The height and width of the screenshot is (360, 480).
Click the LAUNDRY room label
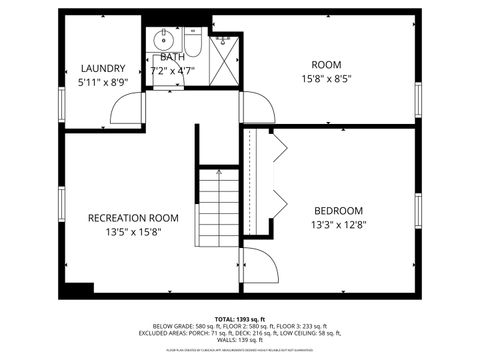pyautogui.click(x=103, y=68)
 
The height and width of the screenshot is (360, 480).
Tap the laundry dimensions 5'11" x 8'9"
pyautogui.click(x=103, y=83)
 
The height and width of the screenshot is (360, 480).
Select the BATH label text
pyautogui.click(x=173, y=58)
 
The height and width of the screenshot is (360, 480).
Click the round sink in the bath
pyautogui.click(x=163, y=40)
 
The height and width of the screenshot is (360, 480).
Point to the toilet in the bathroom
pyautogui.click(x=193, y=44)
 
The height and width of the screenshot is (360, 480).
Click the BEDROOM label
pyautogui.click(x=338, y=210)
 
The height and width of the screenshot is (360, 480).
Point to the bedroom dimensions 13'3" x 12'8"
pyautogui.click(x=338, y=225)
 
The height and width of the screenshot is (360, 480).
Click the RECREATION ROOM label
pyautogui.click(x=133, y=217)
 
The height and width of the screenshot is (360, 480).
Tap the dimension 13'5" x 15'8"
pyautogui.click(x=133, y=232)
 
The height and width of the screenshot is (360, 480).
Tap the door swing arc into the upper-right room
pyautogui.click(x=257, y=107)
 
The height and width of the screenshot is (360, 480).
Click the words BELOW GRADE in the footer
pyautogui.click(x=172, y=326)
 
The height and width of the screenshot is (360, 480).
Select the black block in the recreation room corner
pyautogui.click(x=78, y=289)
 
